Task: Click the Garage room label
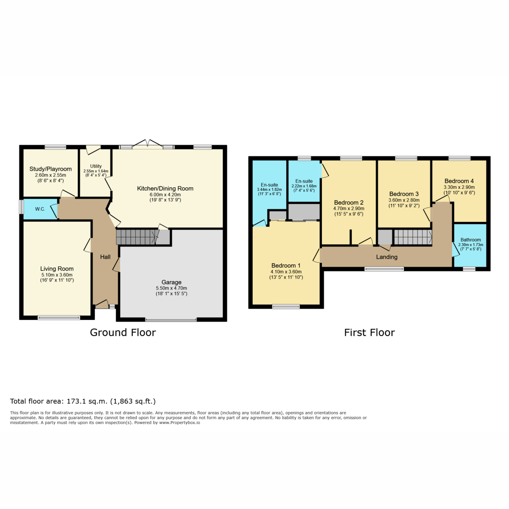pyautogui.click(x=171, y=282)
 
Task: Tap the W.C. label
pyautogui.click(x=40, y=209)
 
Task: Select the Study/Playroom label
pyautogui.click(x=50, y=169)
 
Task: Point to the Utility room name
pyautogui.click(x=95, y=166)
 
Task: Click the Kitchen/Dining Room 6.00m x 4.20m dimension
pyautogui.click(x=165, y=194)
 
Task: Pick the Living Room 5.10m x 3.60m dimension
pyautogui.click(x=57, y=275)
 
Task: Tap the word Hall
pyautogui.click(x=105, y=257)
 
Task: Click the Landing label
pyautogui.click(x=386, y=257)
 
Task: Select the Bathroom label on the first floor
pyautogui.click(x=470, y=240)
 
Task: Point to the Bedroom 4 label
pyautogui.click(x=459, y=181)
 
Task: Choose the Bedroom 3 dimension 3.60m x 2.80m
pyautogui.click(x=404, y=200)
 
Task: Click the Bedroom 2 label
pyautogui.click(x=349, y=202)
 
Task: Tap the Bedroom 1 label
pyautogui.click(x=286, y=266)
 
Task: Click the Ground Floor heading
pyautogui.click(x=123, y=333)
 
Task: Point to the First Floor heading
pyautogui.click(x=369, y=333)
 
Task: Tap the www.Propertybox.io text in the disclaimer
pyautogui.click(x=179, y=422)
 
